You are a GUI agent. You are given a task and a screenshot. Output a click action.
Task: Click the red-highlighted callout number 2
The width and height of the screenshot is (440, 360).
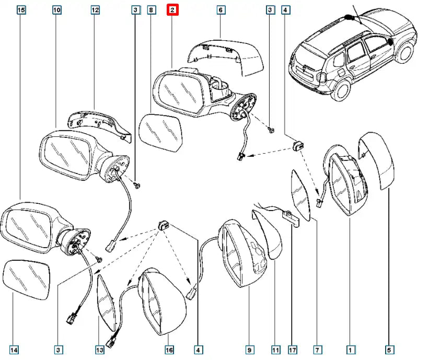[172, 9]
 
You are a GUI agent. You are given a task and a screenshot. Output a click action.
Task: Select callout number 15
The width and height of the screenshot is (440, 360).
[21, 9]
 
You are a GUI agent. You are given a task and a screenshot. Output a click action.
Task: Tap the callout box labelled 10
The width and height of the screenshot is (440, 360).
[57, 9]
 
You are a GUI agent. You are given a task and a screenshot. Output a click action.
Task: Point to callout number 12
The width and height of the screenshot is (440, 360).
[95, 9]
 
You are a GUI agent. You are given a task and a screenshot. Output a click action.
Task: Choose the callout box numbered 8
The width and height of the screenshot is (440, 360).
[150, 9]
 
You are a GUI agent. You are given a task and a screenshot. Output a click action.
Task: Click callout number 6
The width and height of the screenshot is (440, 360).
[220, 9]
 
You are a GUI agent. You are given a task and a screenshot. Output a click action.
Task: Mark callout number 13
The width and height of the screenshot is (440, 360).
[100, 350]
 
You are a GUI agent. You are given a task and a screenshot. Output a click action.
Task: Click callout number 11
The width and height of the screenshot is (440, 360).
[275, 350]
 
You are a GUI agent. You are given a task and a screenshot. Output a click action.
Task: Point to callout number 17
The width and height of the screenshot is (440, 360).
[293, 350]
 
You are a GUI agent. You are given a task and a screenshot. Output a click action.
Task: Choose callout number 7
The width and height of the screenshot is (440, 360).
[317, 350]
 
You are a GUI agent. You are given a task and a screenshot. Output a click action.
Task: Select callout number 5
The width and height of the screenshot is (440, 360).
[389, 350]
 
